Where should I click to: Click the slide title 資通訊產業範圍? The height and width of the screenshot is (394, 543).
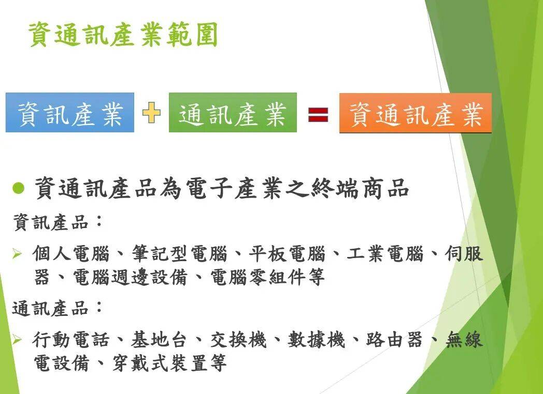123,34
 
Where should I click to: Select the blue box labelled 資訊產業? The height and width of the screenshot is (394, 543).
70,113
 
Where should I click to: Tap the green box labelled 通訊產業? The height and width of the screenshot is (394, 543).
233,113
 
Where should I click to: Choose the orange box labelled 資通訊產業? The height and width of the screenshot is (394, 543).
415,113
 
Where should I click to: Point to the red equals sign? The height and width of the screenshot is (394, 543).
318,115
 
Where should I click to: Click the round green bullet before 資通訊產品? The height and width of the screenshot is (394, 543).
18,188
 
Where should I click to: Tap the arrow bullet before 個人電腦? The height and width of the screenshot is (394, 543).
17,254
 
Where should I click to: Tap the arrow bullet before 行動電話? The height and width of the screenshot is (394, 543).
17,340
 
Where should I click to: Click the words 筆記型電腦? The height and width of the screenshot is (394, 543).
179,254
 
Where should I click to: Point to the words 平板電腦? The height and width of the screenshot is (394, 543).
287,254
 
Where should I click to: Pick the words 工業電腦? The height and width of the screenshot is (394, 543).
385,254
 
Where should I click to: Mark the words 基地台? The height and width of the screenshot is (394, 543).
159,340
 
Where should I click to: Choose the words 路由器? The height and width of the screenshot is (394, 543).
394,340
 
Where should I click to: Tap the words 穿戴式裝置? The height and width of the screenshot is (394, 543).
160,362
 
